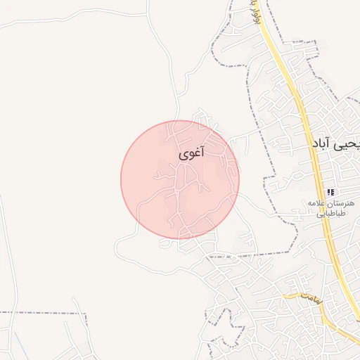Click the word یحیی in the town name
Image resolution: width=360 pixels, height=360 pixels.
click(x=349, y=143)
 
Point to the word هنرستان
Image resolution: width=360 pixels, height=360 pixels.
click(x=342, y=203)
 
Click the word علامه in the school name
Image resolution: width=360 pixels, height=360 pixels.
click(x=317, y=203)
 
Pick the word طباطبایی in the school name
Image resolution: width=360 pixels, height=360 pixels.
click(x=330, y=214)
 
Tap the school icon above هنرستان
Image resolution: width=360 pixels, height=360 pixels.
click(x=330, y=191)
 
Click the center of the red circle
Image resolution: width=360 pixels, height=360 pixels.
click(x=180, y=179)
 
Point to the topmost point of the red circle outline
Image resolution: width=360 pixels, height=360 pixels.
click(x=180, y=120)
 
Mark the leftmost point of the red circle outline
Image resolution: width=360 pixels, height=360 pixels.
click(x=121, y=179)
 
